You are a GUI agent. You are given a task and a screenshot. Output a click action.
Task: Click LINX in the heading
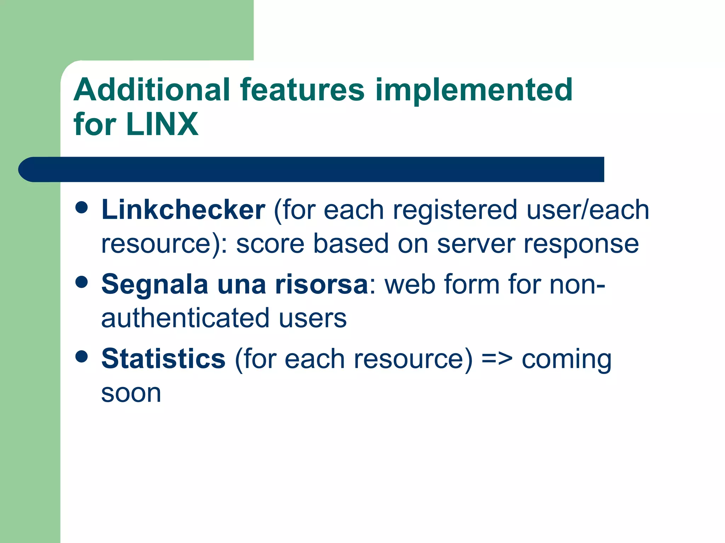162,124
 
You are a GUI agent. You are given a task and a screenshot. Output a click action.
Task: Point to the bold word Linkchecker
183,210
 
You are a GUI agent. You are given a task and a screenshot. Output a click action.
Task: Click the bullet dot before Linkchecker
82,208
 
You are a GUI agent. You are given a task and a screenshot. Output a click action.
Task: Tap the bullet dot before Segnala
82,282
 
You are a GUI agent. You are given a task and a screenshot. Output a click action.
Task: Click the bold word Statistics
163,359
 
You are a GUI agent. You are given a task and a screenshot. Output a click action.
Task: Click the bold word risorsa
321,284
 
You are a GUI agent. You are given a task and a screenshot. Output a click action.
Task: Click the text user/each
588,210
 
